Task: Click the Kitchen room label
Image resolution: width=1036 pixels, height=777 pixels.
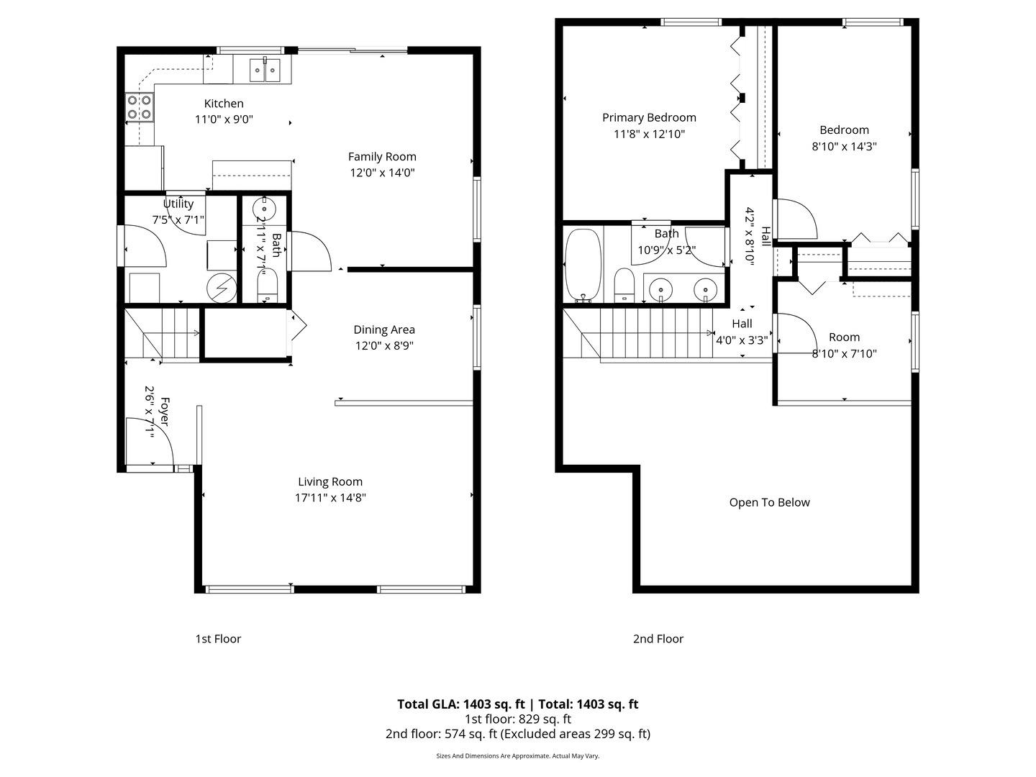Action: click(224, 104)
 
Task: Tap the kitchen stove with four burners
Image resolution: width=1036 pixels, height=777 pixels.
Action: click(140, 107)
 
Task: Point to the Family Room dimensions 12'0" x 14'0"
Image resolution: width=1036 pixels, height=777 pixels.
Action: click(382, 173)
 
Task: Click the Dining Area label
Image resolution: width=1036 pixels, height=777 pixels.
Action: click(383, 330)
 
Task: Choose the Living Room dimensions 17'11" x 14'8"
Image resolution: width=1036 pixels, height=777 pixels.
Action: click(330, 497)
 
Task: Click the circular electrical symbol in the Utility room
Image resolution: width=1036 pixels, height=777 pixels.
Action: click(222, 288)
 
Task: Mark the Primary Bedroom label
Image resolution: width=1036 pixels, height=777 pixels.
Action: click(649, 117)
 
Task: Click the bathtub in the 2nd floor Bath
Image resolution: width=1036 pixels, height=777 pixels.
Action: click(583, 264)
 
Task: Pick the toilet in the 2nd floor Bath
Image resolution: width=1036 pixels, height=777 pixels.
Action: click(623, 285)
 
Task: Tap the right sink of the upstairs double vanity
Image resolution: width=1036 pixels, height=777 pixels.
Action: click(705, 289)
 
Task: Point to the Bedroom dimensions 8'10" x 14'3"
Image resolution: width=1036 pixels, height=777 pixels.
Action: click(844, 146)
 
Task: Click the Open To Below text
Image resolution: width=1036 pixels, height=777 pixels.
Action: click(769, 502)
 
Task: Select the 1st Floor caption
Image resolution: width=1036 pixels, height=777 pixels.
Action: click(218, 639)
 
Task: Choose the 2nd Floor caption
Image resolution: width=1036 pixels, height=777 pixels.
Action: click(658, 639)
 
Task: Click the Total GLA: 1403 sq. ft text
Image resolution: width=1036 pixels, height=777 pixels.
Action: click(461, 704)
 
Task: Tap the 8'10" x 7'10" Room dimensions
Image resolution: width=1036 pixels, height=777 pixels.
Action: click(844, 353)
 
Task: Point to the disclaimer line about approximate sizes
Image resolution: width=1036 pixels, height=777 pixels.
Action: click(517, 756)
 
